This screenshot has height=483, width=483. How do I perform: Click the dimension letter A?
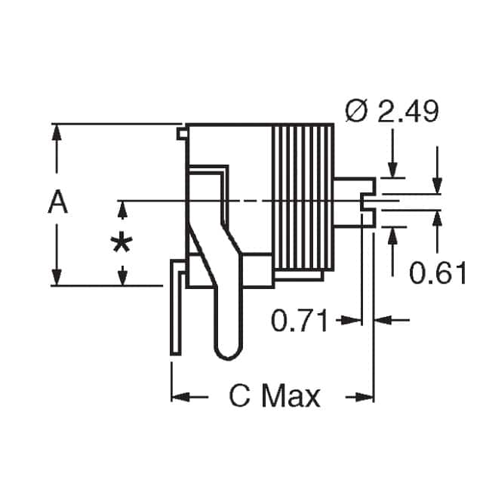tap(57, 203)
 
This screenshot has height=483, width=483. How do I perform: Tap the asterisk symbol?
tap(122, 244)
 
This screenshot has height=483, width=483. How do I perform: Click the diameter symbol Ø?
tap(355, 113)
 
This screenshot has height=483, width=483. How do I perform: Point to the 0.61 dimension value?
tap(438, 272)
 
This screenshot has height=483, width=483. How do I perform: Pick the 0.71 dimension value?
tap(300, 321)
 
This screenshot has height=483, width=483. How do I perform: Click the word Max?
tap(291, 396)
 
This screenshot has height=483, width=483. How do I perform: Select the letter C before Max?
tap(240, 396)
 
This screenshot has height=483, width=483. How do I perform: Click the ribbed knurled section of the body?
tap(303, 196)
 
